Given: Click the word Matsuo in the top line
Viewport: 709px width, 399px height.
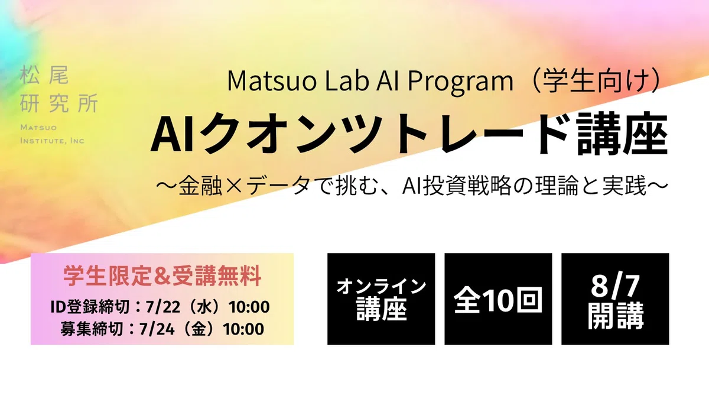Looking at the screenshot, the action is coord(272,81).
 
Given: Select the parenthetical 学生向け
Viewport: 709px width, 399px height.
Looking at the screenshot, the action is coord(596,81).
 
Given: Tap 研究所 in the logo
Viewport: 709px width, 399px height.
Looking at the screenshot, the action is coord(59,103).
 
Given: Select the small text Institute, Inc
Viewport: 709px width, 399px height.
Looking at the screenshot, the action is coord(52,140).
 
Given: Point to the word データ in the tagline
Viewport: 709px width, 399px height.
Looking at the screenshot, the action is coord(278,186).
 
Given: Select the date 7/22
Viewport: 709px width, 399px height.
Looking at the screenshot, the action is coord(162,307).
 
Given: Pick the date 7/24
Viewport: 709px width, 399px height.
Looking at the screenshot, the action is coord(157,329).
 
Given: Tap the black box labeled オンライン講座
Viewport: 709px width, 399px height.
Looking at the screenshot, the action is coord(381,299).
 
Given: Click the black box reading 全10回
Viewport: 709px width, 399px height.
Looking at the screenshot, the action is coord(498,299).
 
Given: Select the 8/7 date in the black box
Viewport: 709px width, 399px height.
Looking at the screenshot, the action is coord(615,286).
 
